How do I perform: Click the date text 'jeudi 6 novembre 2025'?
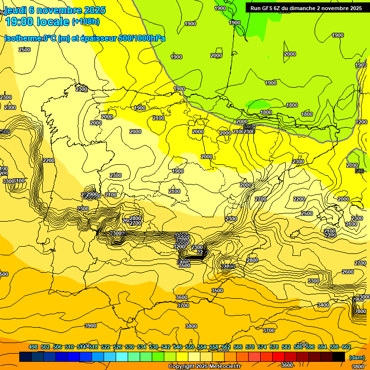pyautogui.click(x=55, y=10)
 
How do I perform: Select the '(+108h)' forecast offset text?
pyautogui.click(x=86, y=21)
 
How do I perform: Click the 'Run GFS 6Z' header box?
pyautogui.click(x=306, y=8)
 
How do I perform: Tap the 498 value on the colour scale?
pyautogui.click(x=33, y=347)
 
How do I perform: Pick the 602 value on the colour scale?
pyautogui.click(x=346, y=347)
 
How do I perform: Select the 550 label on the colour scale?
pyautogui.click(x=190, y=347)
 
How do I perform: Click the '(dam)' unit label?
pyautogui.click(x=357, y=357)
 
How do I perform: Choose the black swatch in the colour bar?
pyautogui.click(x=339, y=357)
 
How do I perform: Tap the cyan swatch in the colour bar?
pyautogui.click(x=122, y=357)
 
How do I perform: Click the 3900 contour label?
pyautogui.click(x=91, y=326)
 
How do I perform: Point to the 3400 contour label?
pyautogui.click(x=323, y=305)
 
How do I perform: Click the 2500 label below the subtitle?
pyautogui.click(x=24, y=50)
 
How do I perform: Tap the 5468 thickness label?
pyautogui.click(x=249, y=127)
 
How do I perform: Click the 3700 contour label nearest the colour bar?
pyautogui.click(x=269, y=330)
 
